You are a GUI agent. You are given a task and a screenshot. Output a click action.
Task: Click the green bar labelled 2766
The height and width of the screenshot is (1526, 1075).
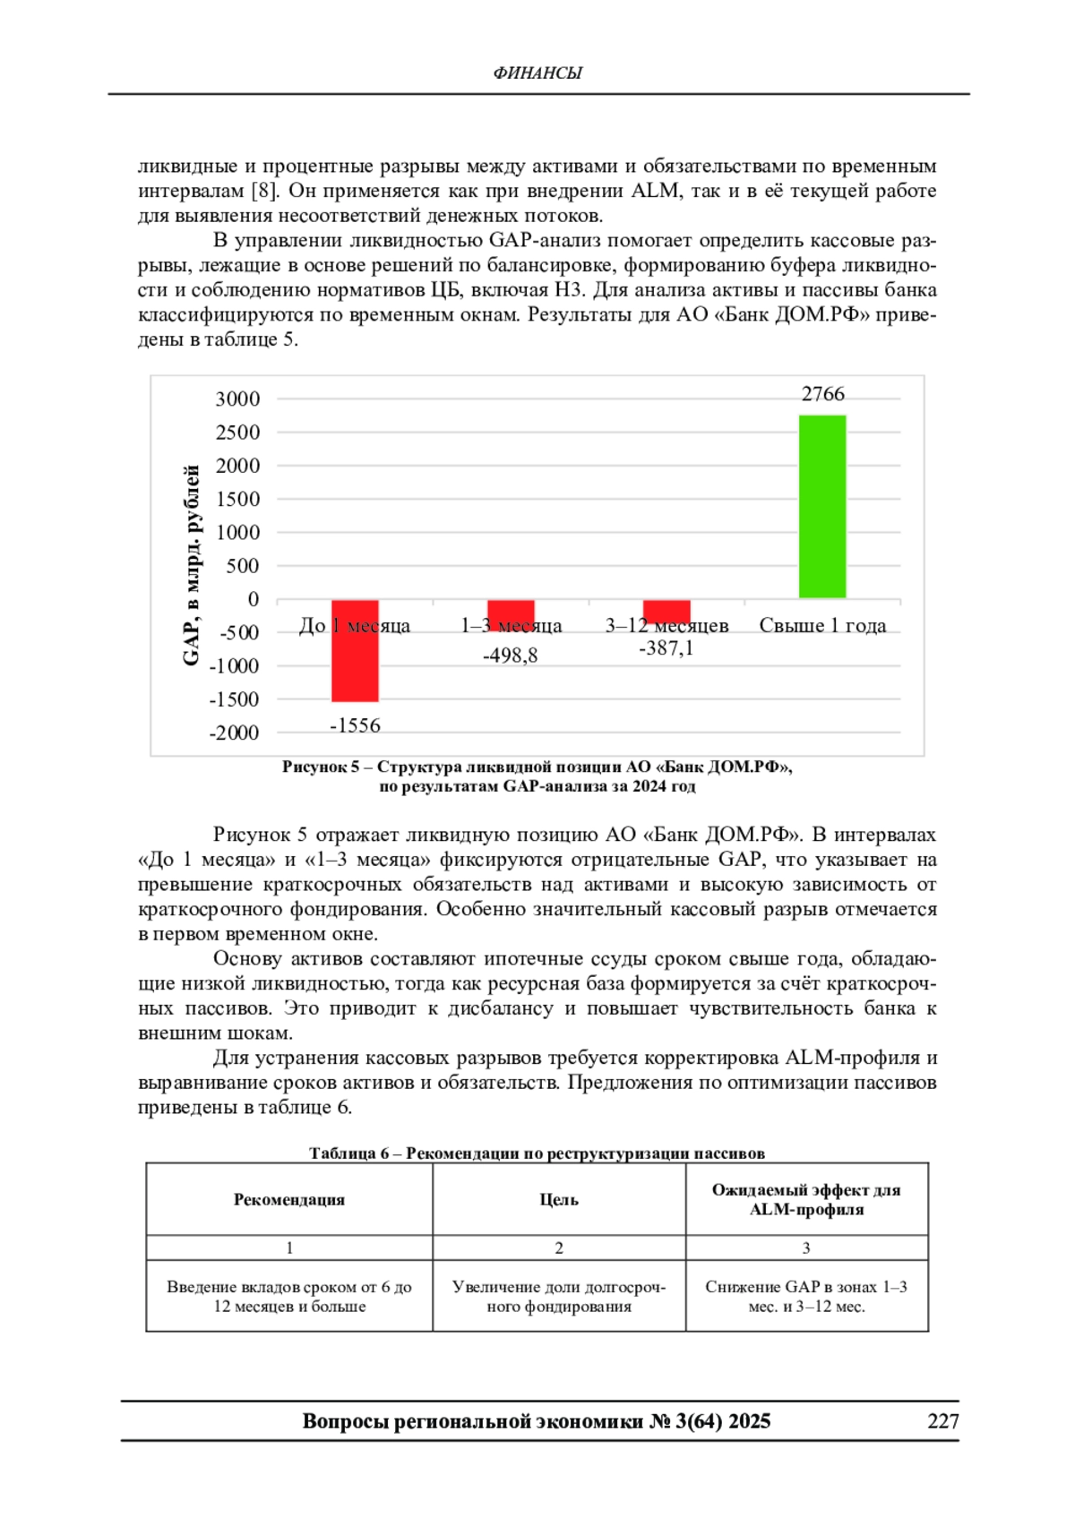(822, 507)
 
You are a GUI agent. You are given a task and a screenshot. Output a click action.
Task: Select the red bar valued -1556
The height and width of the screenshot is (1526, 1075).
(355, 651)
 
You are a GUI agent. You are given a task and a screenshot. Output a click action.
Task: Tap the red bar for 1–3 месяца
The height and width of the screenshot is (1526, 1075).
(511, 612)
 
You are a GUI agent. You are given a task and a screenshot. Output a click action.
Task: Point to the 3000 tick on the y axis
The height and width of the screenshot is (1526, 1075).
(237, 399)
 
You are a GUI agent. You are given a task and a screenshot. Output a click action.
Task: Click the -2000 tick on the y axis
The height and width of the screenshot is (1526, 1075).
(234, 733)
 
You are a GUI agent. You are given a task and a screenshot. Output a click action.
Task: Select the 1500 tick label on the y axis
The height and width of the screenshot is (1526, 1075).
(237, 500)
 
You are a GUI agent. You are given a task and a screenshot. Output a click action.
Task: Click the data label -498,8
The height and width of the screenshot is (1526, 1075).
(511, 656)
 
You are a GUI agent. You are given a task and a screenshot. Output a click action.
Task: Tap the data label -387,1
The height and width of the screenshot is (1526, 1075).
(666, 648)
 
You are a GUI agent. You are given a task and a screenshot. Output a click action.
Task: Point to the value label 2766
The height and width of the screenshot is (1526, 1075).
(822, 394)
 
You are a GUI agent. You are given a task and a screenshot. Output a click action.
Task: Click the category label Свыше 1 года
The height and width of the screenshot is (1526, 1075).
(822, 626)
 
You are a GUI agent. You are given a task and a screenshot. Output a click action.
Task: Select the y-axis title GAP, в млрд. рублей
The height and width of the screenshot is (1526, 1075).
(191, 565)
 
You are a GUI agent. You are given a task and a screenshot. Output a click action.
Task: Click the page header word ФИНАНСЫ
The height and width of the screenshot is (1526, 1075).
(537, 73)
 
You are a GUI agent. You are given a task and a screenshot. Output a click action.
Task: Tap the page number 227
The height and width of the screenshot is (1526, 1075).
(943, 1421)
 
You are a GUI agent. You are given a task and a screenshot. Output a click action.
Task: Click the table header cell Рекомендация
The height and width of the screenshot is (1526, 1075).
(289, 1200)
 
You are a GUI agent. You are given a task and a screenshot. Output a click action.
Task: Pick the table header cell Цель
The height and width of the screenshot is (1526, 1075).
(559, 1200)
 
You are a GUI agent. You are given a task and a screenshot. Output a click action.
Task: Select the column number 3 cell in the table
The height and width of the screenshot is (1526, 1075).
(806, 1247)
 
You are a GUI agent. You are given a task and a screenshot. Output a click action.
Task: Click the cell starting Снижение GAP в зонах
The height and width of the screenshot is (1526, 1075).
(806, 1296)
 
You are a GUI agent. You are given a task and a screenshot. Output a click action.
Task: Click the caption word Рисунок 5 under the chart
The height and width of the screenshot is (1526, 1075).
(320, 767)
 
